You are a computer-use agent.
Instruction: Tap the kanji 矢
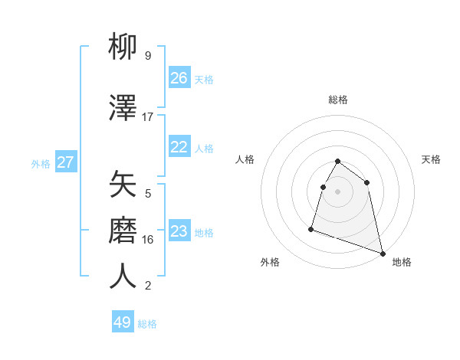123,185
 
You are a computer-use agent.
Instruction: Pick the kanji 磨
123,231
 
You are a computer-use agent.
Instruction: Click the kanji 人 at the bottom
123,277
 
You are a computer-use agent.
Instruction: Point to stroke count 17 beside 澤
148,117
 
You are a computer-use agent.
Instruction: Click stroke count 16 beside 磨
148,240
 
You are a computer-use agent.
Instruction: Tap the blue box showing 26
179,78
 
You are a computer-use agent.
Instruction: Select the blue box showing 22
179,147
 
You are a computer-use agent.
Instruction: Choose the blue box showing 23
179,231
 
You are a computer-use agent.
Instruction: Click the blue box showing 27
65,162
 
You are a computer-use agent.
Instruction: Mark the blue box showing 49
123,322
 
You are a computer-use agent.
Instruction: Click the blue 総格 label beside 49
147,324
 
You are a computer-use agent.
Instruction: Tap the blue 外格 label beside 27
41,163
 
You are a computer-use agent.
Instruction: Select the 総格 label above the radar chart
338,100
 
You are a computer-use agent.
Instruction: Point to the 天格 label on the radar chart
432,159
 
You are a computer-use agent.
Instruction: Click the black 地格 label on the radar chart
402,262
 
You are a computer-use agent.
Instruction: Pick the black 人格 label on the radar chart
245,159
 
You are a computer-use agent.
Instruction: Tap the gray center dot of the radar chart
337,191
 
